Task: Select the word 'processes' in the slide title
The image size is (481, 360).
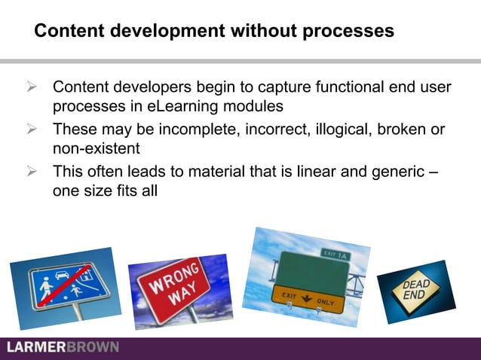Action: tap(352, 32)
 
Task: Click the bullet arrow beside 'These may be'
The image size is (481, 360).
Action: tap(32, 130)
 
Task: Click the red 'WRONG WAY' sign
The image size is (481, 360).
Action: tap(174, 285)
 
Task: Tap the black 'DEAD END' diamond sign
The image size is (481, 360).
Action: tap(416, 289)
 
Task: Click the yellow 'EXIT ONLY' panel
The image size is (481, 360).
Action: tap(310, 299)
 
